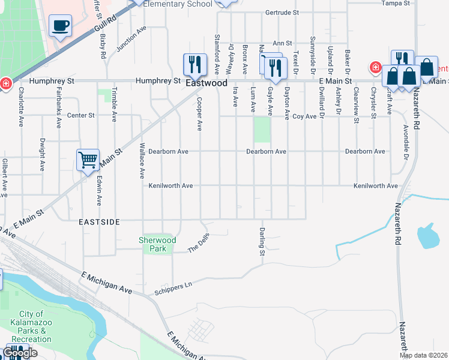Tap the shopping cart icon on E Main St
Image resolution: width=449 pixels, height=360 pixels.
click(x=88, y=160)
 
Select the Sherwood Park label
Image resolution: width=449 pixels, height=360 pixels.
click(x=157, y=244)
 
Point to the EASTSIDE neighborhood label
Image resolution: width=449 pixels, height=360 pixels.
click(x=100, y=222)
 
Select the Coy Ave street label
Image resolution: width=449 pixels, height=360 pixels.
click(x=304, y=116)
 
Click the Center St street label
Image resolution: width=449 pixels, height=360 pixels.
click(x=81, y=115)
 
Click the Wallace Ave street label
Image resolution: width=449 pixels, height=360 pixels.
click(x=142, y=160)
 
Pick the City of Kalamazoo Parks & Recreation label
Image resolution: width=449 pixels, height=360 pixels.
click(x=31, y=326)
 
